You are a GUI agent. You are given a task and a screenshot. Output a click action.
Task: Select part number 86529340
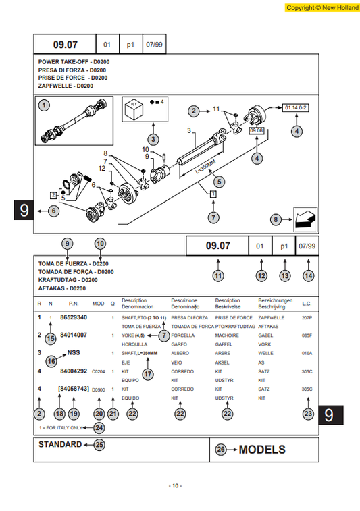pos(74,317)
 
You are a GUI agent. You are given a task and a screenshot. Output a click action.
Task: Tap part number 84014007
pos(74,335)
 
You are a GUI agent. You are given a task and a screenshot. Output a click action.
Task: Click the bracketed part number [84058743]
pos(73,389)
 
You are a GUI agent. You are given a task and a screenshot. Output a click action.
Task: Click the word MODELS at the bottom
pos(262,450)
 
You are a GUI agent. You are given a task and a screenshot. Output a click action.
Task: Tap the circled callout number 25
pos(99,445)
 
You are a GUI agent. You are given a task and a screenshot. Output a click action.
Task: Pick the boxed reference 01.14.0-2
pos(296,107)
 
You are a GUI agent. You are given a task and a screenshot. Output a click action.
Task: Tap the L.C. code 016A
pos(307,353)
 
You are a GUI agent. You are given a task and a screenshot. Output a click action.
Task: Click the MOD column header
pos(98,303)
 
